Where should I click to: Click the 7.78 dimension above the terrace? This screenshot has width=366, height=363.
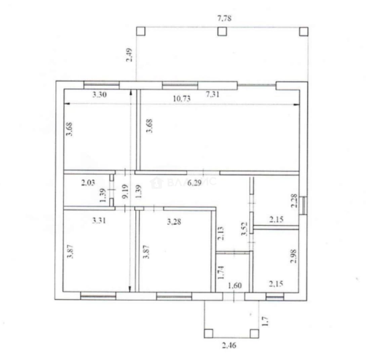coord(224,18)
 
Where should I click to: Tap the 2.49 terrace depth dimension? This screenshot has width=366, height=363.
coord(129,55)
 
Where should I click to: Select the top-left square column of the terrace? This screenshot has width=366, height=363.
coord(140,31)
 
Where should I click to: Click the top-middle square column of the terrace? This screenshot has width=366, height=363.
coord(222,31)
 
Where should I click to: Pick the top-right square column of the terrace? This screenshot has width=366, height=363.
coord(303,31)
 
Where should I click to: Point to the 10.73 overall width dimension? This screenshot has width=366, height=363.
coord(181,98)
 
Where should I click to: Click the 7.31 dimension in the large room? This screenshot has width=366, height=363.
coord(212,94)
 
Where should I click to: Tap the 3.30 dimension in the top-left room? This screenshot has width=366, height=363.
coord(99,94)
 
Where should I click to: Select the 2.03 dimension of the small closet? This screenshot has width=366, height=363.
coord(88,182)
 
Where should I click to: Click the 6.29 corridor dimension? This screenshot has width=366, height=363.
coord(194,183)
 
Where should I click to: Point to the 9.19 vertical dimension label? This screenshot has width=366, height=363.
coord(125,191)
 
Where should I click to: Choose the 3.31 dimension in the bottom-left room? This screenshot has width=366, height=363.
coord(99,220)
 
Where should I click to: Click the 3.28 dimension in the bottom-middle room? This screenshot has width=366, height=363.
coord(174,221)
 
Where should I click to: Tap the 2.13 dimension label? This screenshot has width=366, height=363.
coord(220,233)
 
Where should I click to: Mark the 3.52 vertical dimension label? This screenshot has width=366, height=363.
coord(244,229)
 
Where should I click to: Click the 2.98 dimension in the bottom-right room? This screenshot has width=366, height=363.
coord(293,256)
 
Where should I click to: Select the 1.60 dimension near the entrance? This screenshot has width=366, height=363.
coord(235,285)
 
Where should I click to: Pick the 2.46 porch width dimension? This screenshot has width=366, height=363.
coord(229,345)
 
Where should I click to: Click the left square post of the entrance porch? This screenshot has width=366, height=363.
coord(208,333)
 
